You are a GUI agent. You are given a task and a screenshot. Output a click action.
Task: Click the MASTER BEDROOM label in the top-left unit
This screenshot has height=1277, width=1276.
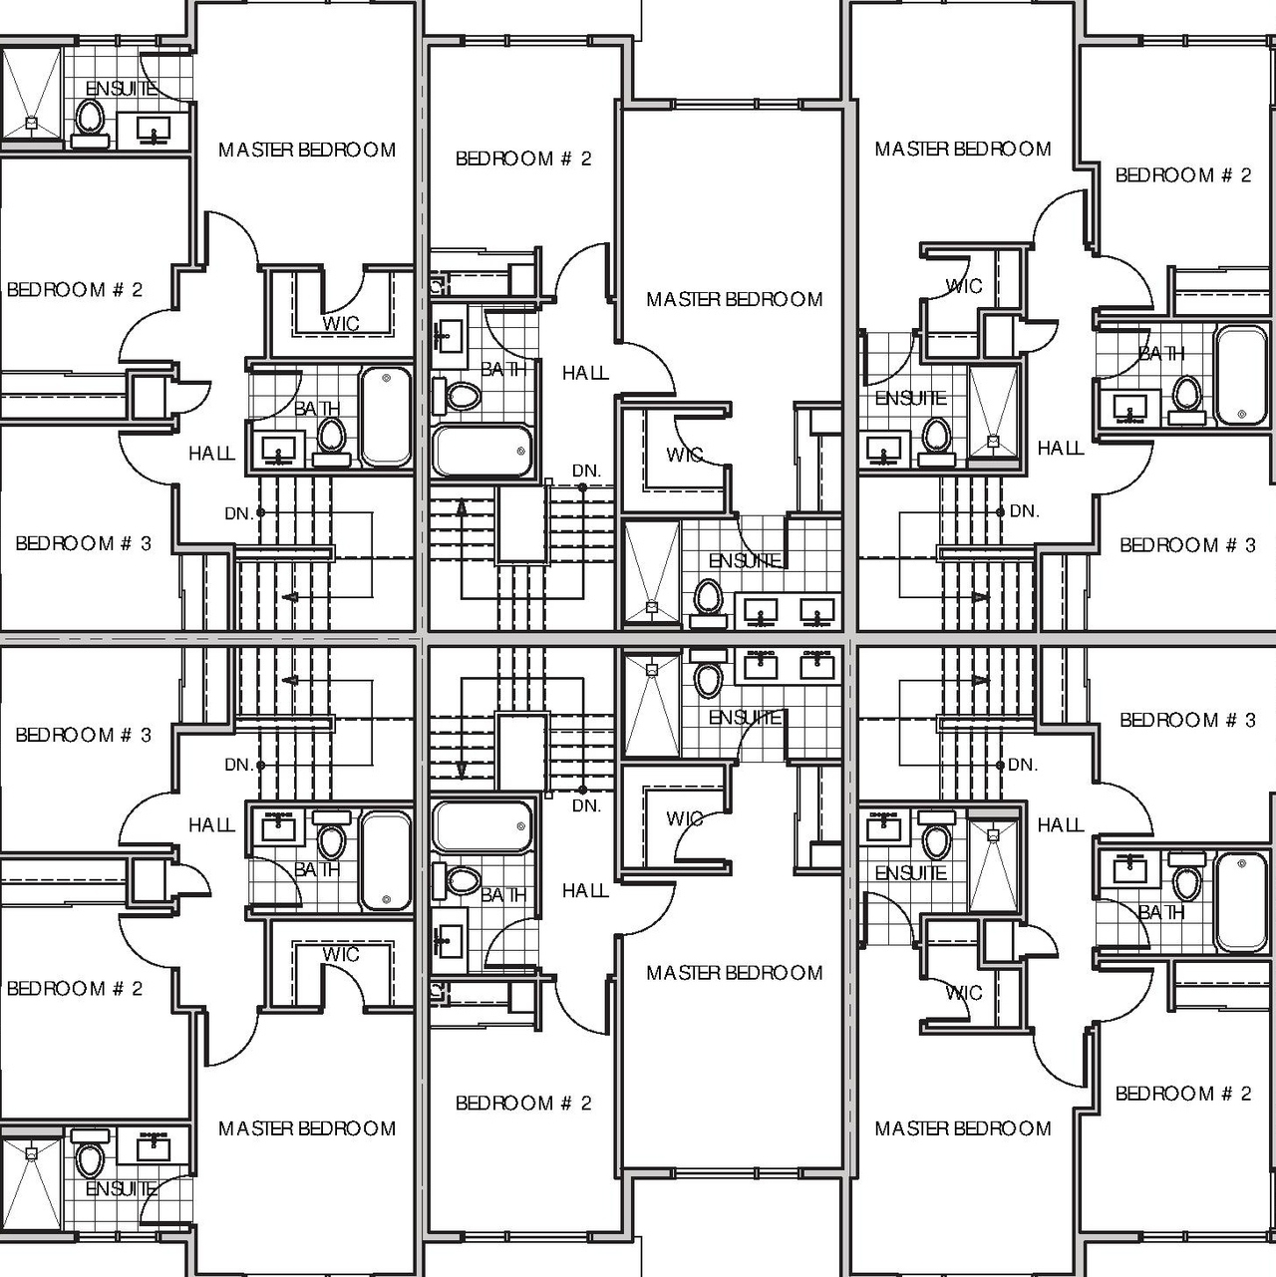tap(307, 151)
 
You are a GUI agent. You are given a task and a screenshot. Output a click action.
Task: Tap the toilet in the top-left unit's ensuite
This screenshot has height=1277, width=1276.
tap(90, 119)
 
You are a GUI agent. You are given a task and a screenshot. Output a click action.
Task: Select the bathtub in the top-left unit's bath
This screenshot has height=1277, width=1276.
tap(385, 416)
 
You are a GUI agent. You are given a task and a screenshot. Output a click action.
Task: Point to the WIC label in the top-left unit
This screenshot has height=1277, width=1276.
tap(341, 324)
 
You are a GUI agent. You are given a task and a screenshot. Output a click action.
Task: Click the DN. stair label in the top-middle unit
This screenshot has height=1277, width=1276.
tap(586, 471)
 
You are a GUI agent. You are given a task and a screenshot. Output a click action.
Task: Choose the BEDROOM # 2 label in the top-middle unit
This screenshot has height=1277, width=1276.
tap(523, 159)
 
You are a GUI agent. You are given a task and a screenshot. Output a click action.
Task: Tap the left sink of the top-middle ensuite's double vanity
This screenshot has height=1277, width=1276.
tap(763, 608)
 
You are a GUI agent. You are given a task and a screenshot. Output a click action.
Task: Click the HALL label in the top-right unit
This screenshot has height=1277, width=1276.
tap(1061, 449)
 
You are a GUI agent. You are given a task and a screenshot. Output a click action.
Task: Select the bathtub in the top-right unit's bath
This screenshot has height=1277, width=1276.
tap(1241, 375)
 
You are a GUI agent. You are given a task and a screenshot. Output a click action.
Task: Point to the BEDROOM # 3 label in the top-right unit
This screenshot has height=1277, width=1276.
tap(1187, 545)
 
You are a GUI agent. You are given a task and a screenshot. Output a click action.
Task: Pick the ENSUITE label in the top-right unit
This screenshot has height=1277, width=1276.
tap(910, 399)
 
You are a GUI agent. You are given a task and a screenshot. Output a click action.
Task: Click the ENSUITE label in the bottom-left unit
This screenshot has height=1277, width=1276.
tap(121, 1189)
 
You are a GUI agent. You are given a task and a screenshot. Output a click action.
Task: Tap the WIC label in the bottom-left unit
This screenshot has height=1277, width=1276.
tap(341, 955)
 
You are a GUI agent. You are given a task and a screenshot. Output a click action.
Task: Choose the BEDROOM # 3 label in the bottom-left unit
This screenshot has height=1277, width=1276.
tap(84, 736)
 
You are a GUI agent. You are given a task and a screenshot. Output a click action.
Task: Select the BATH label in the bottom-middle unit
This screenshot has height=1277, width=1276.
tap(503, 895)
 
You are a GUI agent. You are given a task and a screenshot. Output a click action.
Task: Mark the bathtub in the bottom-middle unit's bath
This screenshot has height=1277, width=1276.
tap(481, 826)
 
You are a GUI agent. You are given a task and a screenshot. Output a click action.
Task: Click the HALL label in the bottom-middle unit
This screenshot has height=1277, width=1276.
tap(585, 891)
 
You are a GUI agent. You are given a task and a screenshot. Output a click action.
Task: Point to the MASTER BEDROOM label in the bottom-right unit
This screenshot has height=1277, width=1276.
tap(963, 1128)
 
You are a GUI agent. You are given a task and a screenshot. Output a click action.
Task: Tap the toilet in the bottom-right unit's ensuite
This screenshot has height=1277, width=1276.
tap(936, 839)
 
